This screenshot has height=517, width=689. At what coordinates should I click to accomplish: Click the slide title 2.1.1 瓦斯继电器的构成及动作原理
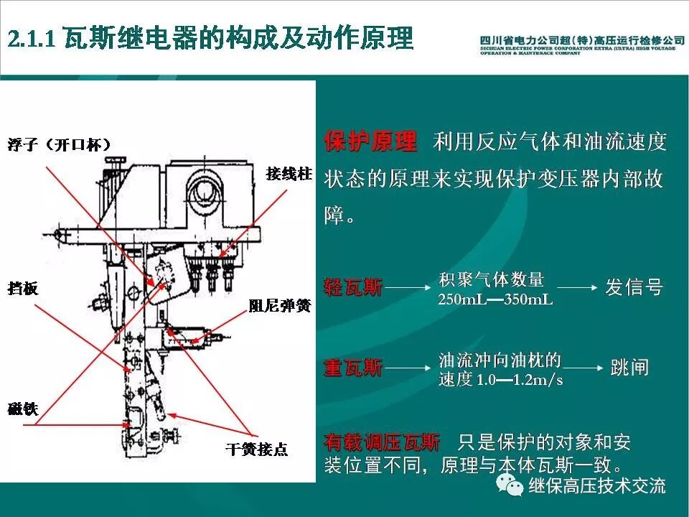[x=211, y=37]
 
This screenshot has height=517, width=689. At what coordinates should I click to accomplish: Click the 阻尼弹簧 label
[x=279, y=306]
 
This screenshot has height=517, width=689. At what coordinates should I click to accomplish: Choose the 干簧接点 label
[x=256, y=450]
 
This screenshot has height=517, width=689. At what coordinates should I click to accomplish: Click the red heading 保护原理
[x=370, y=142]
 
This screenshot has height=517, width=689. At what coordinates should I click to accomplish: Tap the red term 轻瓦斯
[x=353, y=288]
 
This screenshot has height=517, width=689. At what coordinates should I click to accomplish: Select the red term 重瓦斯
[x=353, y=369]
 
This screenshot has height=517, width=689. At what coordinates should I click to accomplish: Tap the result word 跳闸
[x=629, y=368]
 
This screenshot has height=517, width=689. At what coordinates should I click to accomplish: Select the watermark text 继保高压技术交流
[x=597, y=486]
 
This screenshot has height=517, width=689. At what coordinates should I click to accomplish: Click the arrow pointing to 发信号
[x=578, y=288]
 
